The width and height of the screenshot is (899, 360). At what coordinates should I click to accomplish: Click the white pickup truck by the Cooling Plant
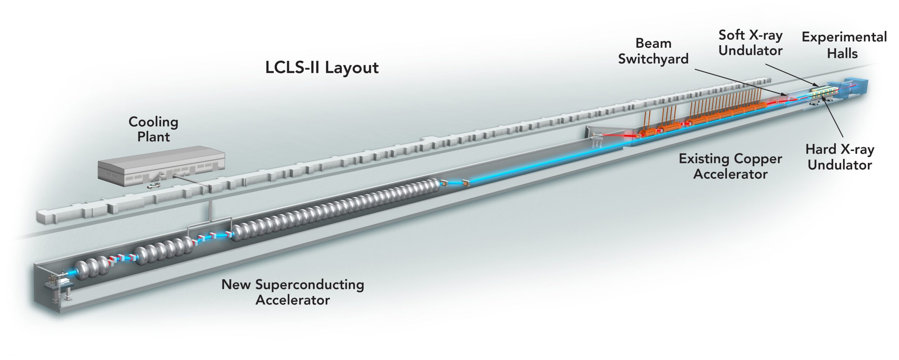[153, 185]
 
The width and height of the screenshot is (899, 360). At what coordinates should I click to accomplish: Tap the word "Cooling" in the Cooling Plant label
[153, 122]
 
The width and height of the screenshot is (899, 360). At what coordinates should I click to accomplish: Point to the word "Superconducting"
[309, 284]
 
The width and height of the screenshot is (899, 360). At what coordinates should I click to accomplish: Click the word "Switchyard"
[653, 59]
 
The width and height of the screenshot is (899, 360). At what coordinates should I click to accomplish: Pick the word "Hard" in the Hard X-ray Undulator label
[821, 149]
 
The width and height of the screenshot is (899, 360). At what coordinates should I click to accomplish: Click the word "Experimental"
[844, 37]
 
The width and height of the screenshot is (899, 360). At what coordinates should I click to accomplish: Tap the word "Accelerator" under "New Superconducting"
[293, 300]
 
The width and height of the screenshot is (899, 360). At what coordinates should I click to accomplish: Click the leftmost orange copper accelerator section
[647, 132]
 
